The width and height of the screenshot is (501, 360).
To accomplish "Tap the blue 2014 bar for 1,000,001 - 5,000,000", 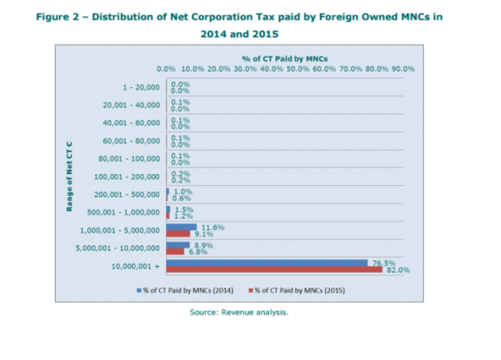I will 181,227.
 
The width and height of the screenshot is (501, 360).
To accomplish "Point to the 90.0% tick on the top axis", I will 403,69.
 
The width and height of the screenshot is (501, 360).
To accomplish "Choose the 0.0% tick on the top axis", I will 166,69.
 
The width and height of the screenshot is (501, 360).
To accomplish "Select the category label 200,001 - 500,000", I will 128,194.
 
